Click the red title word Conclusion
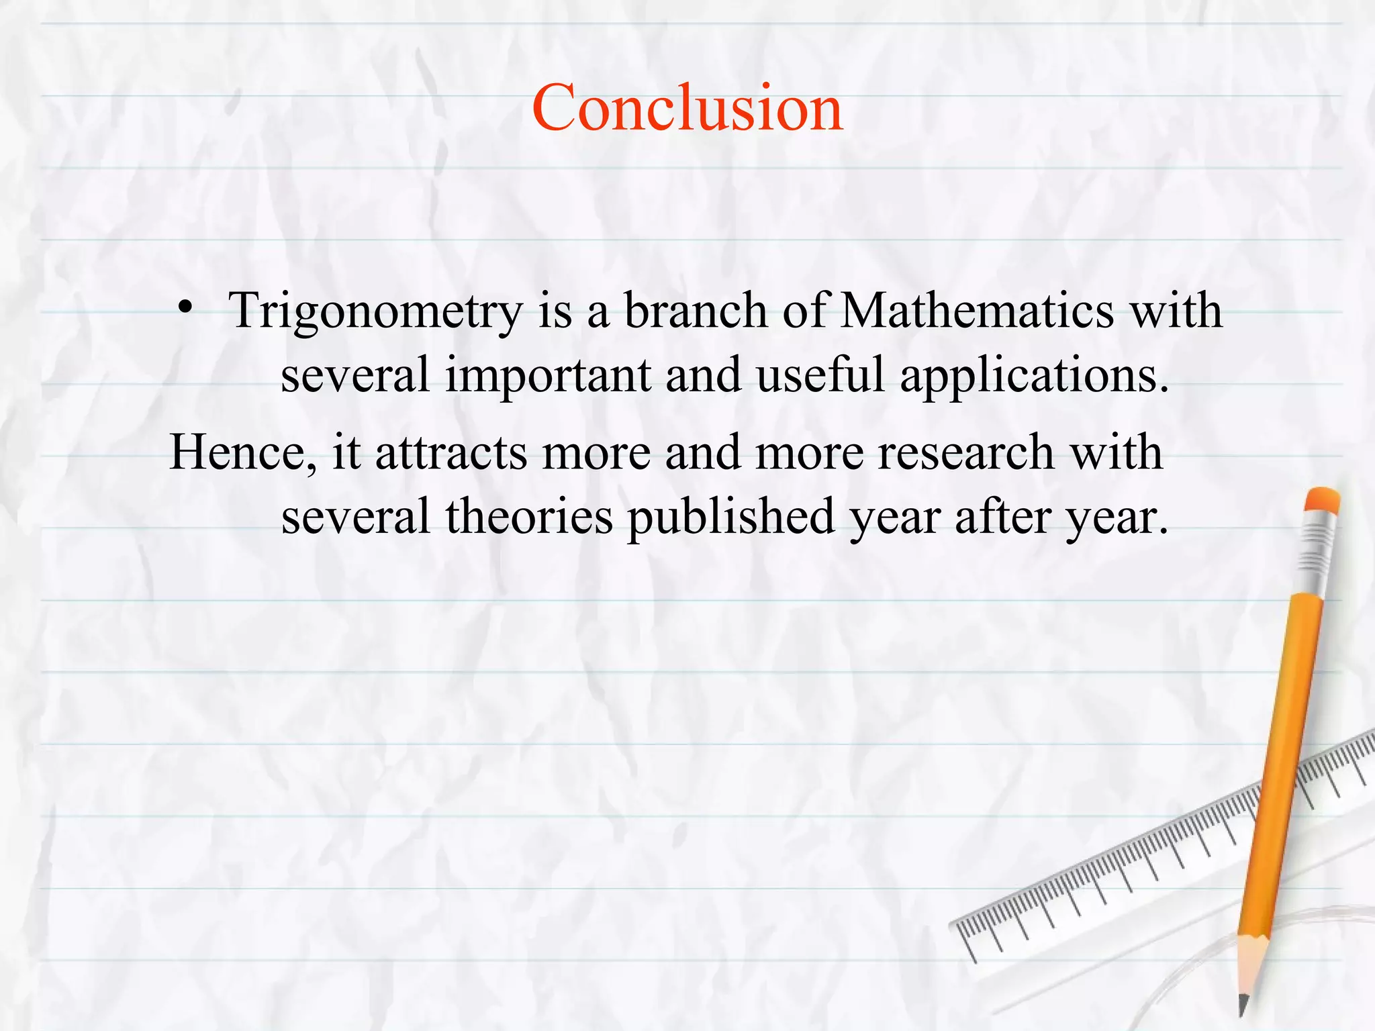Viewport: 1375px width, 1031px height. pyautogui.click(x=687, y=107)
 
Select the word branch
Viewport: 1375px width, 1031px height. pyautogui.click(x=696, y=310)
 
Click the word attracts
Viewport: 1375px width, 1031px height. pyautogui.click(x=451, y=452)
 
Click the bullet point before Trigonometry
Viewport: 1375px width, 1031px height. pyautogui.click(x=186, y=308)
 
